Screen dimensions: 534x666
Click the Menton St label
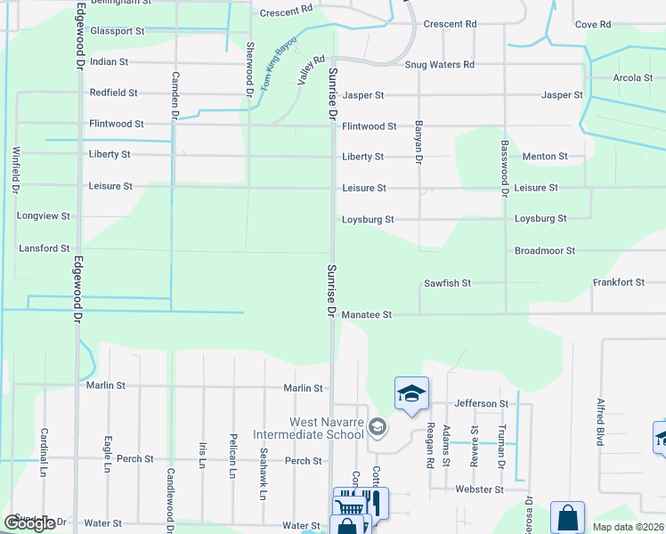545,157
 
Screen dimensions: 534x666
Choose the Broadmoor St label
545,251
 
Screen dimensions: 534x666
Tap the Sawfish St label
447,283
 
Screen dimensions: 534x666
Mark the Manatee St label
367,315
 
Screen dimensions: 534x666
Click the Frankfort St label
619,282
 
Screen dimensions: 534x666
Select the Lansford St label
44,248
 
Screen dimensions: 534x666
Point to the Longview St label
43,216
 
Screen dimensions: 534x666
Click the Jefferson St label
481,403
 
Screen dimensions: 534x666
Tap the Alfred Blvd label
601,421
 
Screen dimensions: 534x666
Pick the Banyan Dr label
417,142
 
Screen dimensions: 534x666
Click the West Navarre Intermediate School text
309,428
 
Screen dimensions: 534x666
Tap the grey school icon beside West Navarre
378,428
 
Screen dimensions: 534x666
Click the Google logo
29,523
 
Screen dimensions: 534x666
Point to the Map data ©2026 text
628,527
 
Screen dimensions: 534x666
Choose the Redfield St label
113,93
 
